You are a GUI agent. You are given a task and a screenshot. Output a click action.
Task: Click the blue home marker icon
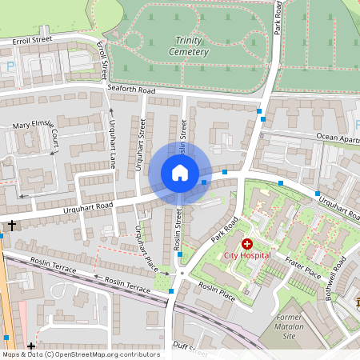click(180, 173)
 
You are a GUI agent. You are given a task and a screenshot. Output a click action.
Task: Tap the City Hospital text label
click(247, 255)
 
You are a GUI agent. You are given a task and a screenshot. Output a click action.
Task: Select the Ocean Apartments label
click(337, 137)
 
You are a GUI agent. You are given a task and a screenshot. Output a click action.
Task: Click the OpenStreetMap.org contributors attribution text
click(104, 354)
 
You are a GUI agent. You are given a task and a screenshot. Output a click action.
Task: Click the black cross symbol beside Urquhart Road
click(11, 226)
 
